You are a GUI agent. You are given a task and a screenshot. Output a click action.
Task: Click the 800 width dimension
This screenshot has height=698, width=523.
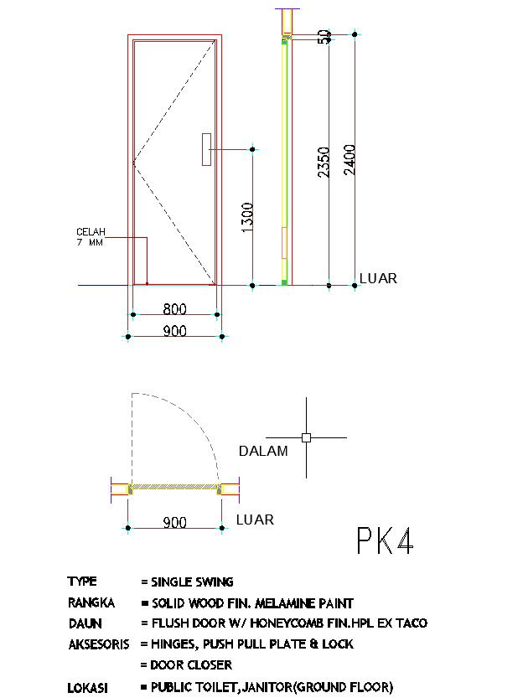(174, 308)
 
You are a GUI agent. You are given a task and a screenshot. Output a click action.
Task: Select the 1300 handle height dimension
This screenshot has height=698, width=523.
(247, 217)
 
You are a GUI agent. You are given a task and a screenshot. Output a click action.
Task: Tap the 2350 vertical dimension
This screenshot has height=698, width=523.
(324, 162)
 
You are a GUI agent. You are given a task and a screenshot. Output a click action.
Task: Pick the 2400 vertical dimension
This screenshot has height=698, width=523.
(350, 159)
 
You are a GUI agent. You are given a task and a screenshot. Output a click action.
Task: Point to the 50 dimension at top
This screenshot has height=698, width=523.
(324, 37)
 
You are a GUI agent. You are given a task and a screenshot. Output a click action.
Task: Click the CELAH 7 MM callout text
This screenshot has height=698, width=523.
(91, 237)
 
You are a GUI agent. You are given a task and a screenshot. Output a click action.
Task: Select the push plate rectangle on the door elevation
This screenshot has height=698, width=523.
(206, 149)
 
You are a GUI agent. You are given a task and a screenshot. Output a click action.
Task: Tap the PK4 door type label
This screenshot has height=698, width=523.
(385, 540)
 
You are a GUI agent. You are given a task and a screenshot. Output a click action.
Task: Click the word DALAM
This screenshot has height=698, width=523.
(263, 451)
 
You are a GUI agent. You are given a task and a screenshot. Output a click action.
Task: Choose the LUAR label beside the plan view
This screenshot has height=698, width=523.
(255, 520)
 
